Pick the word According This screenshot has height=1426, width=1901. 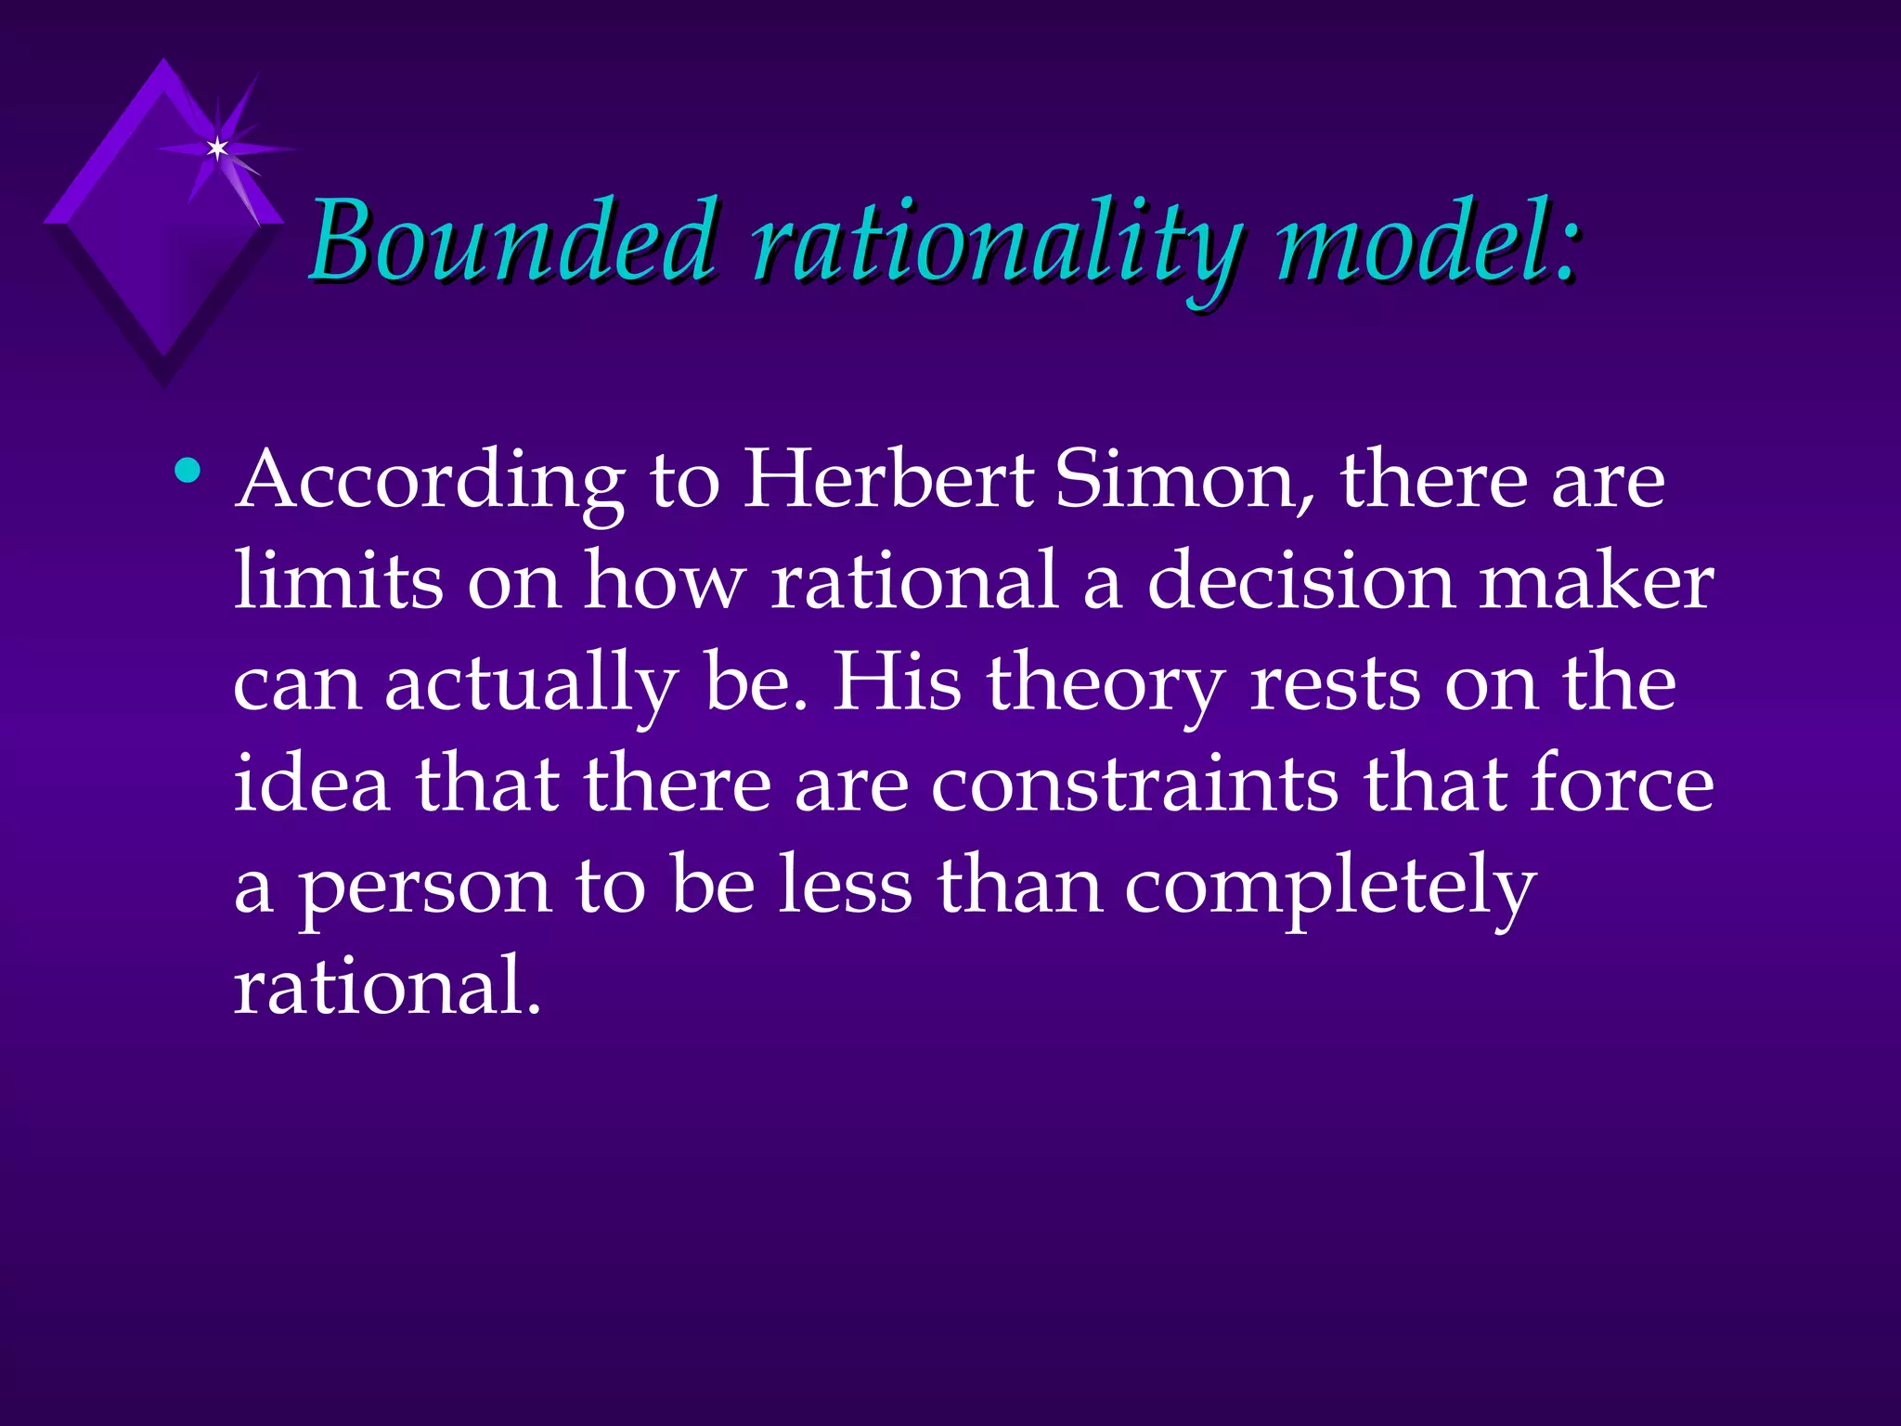(430, 483)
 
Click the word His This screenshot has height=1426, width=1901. (897, 682)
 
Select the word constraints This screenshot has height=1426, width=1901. (1135, 784)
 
